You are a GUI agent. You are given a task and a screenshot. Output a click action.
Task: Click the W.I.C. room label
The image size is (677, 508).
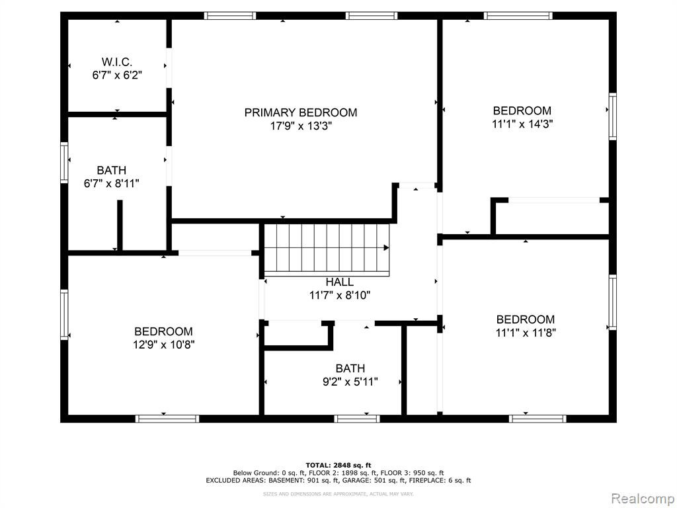pyautogui.click(x=117, y=62)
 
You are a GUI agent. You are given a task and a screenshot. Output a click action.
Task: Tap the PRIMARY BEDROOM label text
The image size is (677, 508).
pyautogui.click(x=301, y=112)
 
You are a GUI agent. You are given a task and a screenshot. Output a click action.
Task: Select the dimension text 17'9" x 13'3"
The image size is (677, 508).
pyautogui.click(x=301, y=126)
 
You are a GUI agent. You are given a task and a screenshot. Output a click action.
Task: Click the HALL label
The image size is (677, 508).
pyautogui.click(x=339, y=282)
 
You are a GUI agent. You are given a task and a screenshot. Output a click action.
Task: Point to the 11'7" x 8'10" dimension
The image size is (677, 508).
pyautogui.click(x=340, y=296)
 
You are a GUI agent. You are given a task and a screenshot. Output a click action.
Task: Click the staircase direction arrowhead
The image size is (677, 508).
pyautogui.click(x=386, y=247)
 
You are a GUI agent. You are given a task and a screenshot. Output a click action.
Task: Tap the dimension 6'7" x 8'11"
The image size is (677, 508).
pyautogui.click(x=111, y=184)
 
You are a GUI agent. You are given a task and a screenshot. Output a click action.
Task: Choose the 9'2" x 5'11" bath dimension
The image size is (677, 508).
pyautogui.click(x=350, y=382)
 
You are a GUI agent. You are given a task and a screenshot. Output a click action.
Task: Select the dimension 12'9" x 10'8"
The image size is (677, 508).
pyautogui.click(x=164, y=345)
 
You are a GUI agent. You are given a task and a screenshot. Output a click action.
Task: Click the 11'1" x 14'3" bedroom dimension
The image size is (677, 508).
pyautogui.click(x=522, y=124)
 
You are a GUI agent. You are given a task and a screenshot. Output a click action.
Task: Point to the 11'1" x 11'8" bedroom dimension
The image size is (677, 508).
pyautogui.click(x=526, y=333)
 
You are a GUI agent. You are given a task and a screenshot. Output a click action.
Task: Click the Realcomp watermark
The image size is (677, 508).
pyautogui.click(x=641, y=498)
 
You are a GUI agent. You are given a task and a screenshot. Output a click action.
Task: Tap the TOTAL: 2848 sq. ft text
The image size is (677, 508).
pyautogui.click(x=338, y=465)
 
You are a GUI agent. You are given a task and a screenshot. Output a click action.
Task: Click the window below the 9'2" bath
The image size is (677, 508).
pyautogui.click(x=357, y=418)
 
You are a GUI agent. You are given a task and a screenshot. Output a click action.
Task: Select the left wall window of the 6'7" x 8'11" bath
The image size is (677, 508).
pyautogui.click(x=64, y=163)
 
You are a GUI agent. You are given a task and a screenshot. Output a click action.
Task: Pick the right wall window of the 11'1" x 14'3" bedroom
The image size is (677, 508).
pyautogui.click(x=612, y=116)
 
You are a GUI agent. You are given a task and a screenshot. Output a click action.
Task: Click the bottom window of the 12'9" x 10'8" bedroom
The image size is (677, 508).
pyautogui.click(x=167, y=418)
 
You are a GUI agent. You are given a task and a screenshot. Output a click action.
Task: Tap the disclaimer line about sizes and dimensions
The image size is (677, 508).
pyautogui.click(x=338, y=493)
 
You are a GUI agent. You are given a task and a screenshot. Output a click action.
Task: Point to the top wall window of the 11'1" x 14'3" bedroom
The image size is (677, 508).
pyautogui.click(x=518, y=16)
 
